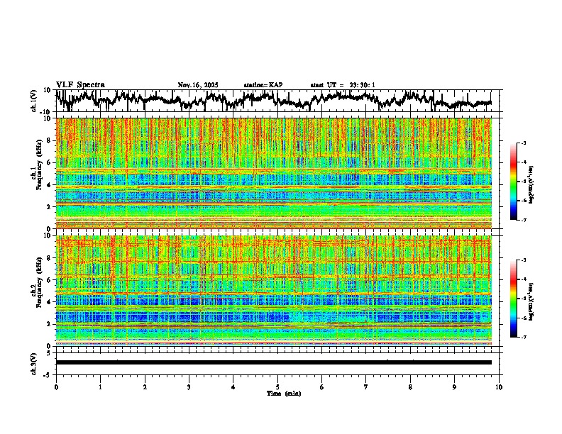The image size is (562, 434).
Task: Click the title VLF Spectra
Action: tap(80, 84)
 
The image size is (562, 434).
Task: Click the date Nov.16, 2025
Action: tap(198, 85)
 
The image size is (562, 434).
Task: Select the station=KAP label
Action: tap(263, 85)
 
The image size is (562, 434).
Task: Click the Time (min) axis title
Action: tap(277, 393)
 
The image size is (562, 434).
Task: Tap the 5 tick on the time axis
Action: tap(277, 386)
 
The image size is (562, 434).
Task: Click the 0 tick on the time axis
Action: tap(56, 386)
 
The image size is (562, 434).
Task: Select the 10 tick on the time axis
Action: tap(499, 386)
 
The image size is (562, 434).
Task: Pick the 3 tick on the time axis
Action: tap(189, 386)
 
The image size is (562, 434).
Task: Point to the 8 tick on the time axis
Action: tap(410, 386)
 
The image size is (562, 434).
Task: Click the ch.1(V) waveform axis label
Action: tap(34, 101)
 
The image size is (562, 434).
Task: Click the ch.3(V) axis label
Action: tap(34, 362)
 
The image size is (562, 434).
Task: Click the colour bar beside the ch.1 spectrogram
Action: tap(513, 182)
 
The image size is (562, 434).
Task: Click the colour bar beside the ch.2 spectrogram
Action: tap(513, 299)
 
